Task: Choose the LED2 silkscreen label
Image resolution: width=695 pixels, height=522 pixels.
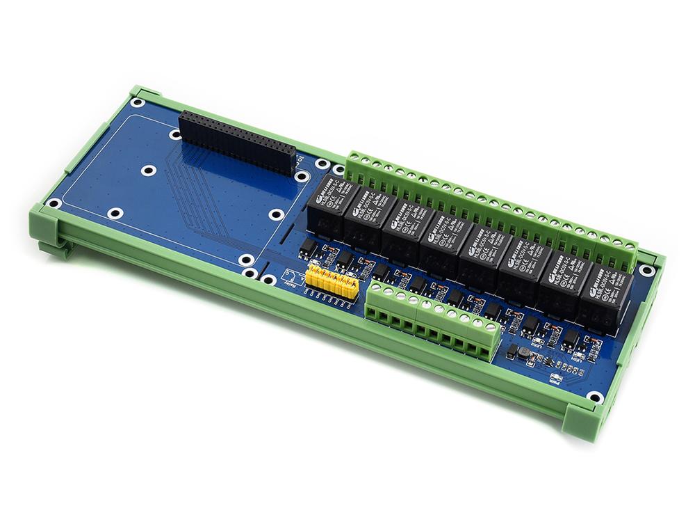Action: (536, 342)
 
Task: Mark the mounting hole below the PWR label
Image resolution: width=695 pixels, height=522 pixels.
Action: (594, 397)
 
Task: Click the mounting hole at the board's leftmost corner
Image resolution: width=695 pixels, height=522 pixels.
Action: (53, 204)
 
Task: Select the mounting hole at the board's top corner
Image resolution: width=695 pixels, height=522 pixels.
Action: (138, 102)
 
